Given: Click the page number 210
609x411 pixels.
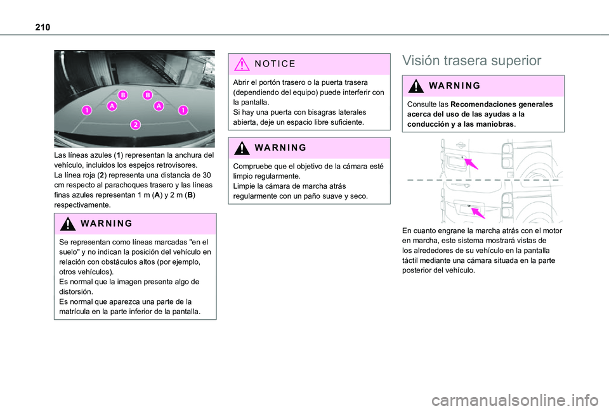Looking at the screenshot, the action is tap(43, 27).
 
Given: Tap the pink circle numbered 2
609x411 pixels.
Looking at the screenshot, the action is tap(136, 125).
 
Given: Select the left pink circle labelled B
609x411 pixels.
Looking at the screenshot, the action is tap(123, 94).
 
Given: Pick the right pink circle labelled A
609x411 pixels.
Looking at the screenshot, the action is tap(159, 106).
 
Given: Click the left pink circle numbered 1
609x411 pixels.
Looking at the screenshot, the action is tap(87, 110).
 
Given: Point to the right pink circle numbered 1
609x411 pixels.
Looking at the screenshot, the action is tap(183, 110).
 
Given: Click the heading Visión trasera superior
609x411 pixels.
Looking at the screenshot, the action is tap(471, 61).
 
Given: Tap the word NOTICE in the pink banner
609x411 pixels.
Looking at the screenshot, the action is tap(275, 63).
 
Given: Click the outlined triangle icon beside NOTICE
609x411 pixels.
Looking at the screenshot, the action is tap(242, 64).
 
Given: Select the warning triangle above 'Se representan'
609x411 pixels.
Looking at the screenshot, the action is tap(68, 224).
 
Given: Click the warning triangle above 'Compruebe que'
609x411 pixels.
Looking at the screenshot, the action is tap(242, 148).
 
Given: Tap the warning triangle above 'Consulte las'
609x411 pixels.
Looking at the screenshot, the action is tap(416, 85).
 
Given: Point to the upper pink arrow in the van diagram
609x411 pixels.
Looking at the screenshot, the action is tap(471, 163).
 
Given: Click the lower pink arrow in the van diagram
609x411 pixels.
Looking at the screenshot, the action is tap(478, 213).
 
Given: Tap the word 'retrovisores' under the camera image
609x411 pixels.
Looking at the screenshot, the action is tap(177, 165).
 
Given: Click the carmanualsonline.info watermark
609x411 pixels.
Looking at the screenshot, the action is tap(515, 400).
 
